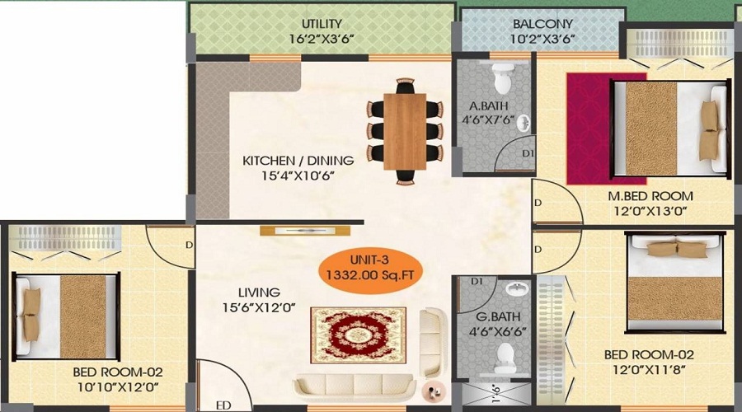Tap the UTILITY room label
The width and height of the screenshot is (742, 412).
pos(322,24)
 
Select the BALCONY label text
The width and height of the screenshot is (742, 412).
pos(542,24)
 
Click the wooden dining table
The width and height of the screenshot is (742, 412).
pos(405,132)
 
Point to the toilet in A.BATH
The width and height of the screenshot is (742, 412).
pos(503,77)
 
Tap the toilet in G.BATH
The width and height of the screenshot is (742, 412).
pos(505,358)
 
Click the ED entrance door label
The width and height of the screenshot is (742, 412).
pos(223,405)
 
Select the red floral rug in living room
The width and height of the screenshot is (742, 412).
pos(359,335)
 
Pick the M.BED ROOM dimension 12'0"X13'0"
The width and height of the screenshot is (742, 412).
pos(650,210)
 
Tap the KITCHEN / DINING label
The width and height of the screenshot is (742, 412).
pos(298,161)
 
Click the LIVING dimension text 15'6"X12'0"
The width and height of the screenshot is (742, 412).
pos(259,307)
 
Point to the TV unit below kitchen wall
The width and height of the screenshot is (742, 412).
pos(305,231)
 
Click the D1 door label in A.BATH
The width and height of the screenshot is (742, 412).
pos(528,154)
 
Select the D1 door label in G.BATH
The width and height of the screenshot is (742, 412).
pos(477,282)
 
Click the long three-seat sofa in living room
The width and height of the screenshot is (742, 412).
pos(355,386)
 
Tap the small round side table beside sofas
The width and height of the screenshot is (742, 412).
pos(434,391)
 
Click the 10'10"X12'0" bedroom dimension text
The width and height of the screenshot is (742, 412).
pos(118,387)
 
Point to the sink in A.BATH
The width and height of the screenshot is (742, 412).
pos(524,124)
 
